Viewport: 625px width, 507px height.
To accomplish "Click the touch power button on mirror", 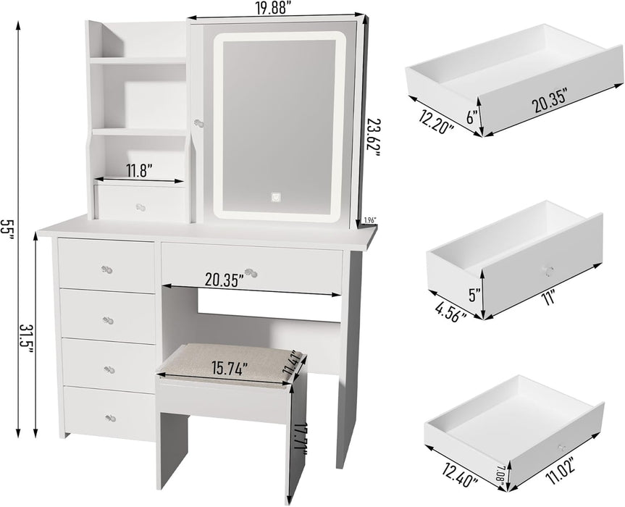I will (276, 196).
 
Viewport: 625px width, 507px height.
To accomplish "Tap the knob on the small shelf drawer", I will (139, 207).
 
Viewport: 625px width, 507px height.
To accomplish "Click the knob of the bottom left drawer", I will (110, 418).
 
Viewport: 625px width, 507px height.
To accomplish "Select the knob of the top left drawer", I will (106, 269).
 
